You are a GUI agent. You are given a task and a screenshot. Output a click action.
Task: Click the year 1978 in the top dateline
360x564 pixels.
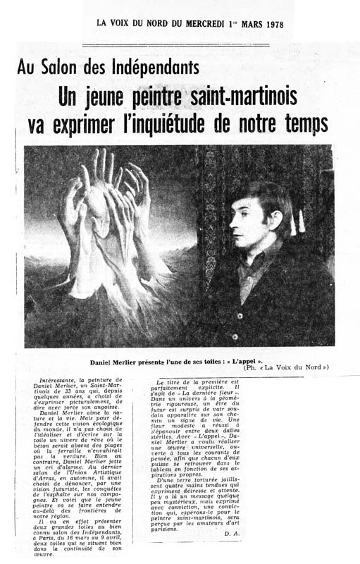point(270,23)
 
